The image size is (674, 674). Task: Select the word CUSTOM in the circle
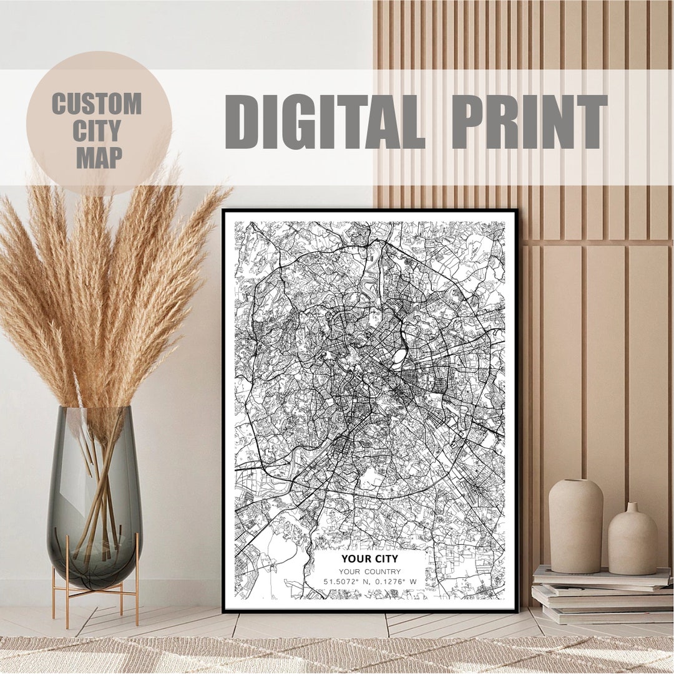[x=97, y=104]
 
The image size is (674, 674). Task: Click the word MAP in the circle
[x=99, y=158]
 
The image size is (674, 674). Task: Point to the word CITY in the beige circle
[x=97, y=131]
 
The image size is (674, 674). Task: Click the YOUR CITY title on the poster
[x=369, y=559]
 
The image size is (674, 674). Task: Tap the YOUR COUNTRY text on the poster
[x=370, y=571]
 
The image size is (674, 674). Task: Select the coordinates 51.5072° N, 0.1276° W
[x=369, y=582]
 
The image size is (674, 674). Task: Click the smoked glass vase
[x=95, y=493]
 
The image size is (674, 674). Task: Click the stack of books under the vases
[x=599, y=595]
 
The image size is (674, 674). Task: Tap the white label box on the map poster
[x=369, y=570]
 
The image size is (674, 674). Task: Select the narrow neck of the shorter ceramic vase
[x=632, y=508]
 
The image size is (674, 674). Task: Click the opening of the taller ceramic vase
[x=575, y=481]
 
